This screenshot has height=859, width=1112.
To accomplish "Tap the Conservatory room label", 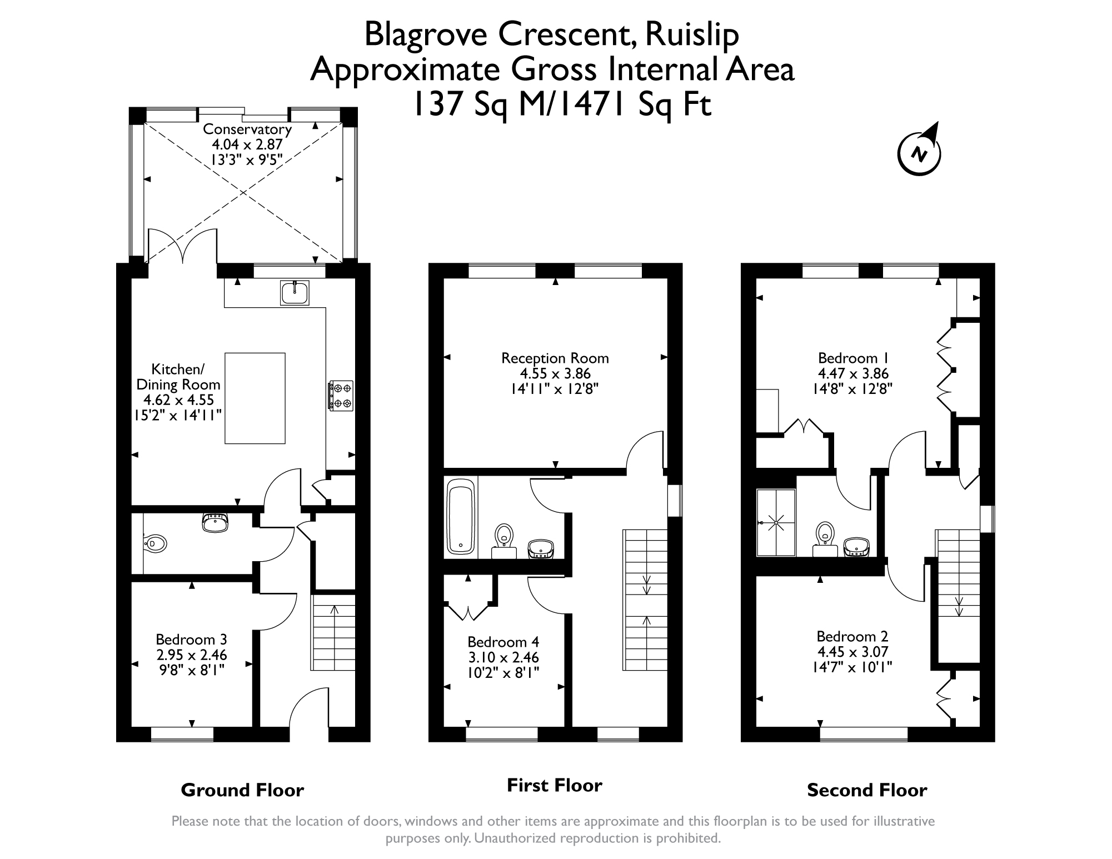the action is coord(247,129).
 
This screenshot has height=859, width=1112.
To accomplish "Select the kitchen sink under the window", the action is coord(295,293).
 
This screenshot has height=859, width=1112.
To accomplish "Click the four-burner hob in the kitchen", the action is coord(341,395).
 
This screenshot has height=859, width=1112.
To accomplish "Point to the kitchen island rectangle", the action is coord(255,398).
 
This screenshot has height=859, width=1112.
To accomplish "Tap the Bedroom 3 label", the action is coord(191,640).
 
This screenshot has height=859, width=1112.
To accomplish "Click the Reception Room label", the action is coord(555,358).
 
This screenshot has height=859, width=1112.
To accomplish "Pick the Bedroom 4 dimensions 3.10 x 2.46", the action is coord(503,657).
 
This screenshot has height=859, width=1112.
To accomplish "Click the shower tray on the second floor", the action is coord(776,523).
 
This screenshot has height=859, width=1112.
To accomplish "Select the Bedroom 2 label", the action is coord(852,636).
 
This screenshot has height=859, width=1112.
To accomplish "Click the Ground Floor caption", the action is coord(242,790).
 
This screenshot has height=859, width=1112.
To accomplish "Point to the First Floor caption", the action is coord(555,785).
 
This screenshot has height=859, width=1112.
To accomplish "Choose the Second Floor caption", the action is coord(867,790).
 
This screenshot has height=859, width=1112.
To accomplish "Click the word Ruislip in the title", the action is coord(692,36).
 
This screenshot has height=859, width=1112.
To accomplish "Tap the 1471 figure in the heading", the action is coord(591,104).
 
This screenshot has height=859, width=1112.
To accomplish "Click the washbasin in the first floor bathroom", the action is coord(540,548).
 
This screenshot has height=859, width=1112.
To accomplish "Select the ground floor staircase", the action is coord(333,632).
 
